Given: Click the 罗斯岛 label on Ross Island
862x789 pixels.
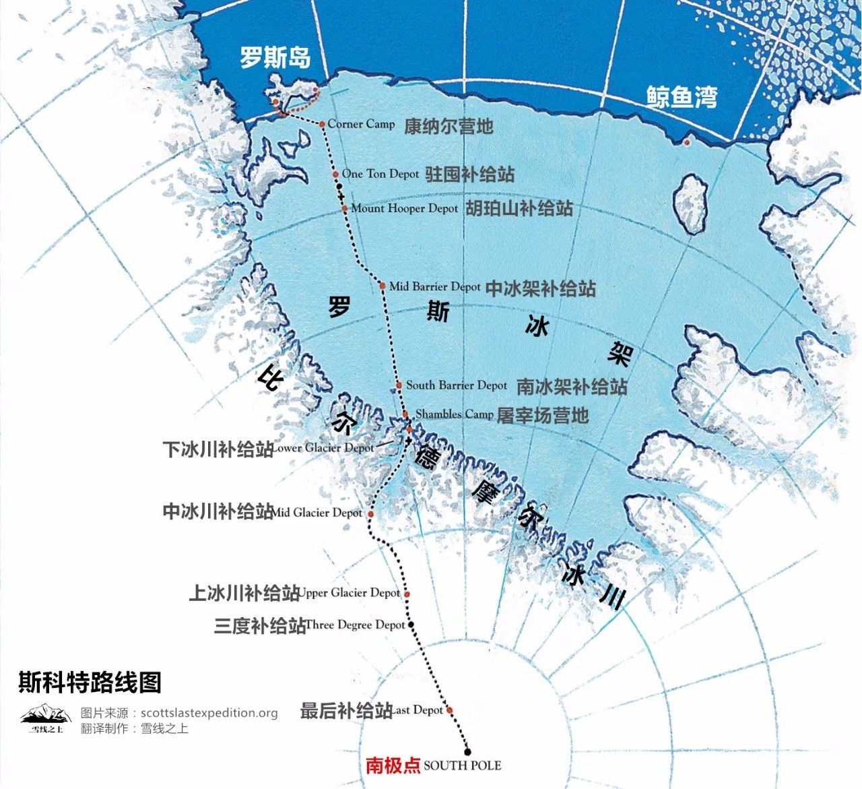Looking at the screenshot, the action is pos(275,57).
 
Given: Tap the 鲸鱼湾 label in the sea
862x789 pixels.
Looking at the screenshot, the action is pos(682,97).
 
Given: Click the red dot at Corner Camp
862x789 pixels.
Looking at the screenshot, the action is pos(323,124).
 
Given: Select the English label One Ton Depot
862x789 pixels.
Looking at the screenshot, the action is pos(380,174).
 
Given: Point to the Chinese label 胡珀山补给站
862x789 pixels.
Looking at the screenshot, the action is pos(519,208).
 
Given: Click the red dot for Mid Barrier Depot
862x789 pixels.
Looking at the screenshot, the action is pos(383,286).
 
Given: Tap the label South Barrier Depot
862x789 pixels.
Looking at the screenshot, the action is pos(456,385).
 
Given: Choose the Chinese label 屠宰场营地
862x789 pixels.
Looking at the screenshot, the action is pos(543,415).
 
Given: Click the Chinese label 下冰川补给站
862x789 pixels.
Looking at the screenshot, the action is pos(218,449).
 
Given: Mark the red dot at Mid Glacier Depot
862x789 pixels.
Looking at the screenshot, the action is pos(370,514).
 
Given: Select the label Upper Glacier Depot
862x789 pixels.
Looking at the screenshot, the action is pos(349,593).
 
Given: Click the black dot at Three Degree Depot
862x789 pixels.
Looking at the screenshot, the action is pos(411,625).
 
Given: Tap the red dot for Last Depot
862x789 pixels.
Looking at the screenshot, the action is pos(450,710).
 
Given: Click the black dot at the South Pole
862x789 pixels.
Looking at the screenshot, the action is pos(467,752).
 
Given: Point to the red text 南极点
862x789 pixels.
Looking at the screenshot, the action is pos(393,765).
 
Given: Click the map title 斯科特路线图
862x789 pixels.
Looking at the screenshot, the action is pos(90,683).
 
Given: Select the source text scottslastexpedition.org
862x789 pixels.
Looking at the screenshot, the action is pos(209,713).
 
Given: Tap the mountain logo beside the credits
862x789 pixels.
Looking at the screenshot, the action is pos(46,718).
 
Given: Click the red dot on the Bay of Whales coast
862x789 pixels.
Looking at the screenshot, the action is pos(687,143).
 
